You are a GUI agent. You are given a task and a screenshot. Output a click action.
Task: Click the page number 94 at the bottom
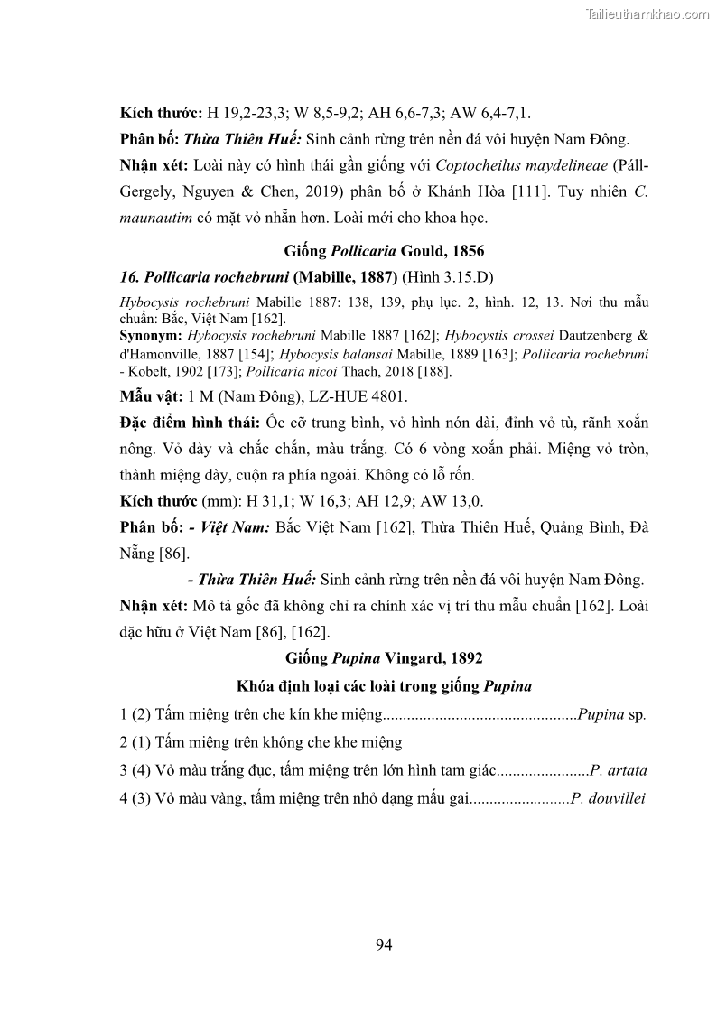pyautogui.click(x=383, y=945)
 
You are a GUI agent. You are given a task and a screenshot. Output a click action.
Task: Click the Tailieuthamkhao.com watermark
pyautogui.click(x=648, y=14)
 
